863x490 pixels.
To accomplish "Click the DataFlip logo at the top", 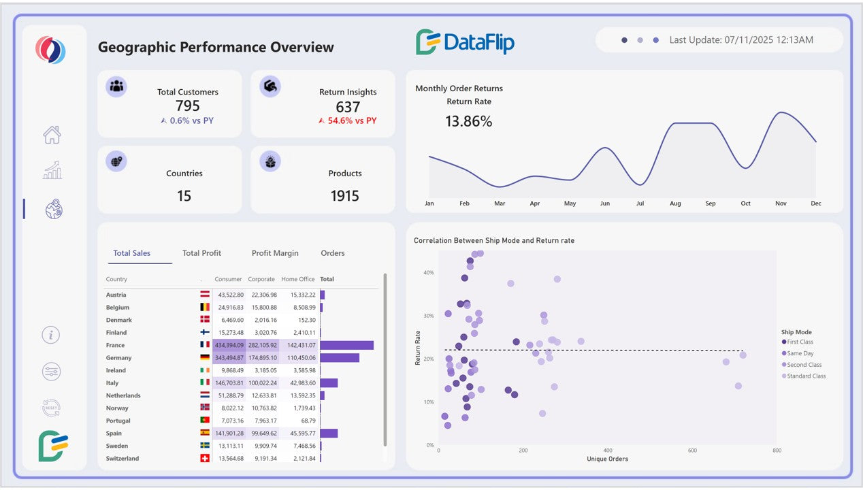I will point(465,42).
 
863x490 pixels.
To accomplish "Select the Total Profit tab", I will point(201,253).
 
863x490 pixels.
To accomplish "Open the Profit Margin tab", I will point(275,253).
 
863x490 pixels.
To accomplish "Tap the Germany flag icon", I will point(204,358).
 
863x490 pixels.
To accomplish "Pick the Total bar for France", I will point(346,345).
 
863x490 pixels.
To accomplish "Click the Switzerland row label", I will point(123,459).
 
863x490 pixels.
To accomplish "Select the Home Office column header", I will point(298,279).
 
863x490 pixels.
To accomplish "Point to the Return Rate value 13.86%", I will point(468,122).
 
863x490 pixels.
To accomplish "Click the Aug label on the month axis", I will point(675,203).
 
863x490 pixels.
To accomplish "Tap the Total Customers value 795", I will point(188,106).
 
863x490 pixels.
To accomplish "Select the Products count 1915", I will point(344,196).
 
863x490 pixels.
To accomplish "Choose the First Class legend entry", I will point(800,342).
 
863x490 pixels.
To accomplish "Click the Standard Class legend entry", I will point(806,376).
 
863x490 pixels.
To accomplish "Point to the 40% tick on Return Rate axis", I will point(429,272).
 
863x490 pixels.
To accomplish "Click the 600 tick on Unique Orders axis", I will point(692,451).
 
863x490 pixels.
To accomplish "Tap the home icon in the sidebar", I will point(52,135).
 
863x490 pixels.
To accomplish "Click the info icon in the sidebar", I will point(51,335).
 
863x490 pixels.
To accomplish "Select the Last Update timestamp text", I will point(740,40).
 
